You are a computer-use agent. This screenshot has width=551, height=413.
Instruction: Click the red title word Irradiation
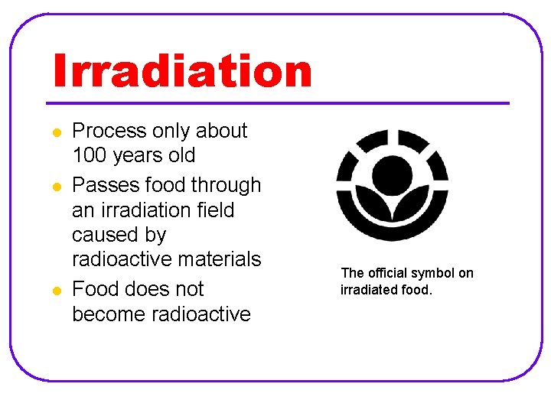182,71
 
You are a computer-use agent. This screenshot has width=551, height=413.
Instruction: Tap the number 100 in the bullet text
89,155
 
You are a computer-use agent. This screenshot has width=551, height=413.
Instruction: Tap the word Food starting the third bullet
96,289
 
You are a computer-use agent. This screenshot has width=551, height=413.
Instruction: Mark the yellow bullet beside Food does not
57,291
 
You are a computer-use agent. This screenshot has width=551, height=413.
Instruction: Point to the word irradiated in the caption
368,290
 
